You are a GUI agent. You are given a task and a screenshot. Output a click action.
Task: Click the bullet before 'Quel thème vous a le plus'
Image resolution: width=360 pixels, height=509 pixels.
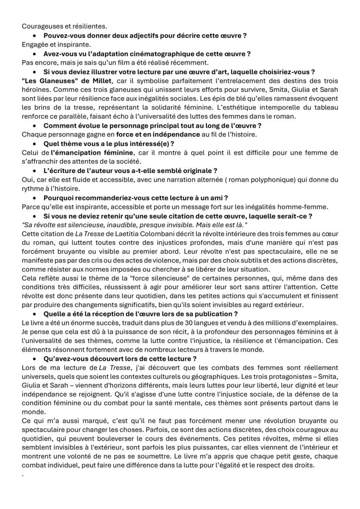pos(34,144)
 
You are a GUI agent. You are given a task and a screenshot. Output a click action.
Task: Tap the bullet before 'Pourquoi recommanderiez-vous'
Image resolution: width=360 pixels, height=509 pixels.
pos(34,198)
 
